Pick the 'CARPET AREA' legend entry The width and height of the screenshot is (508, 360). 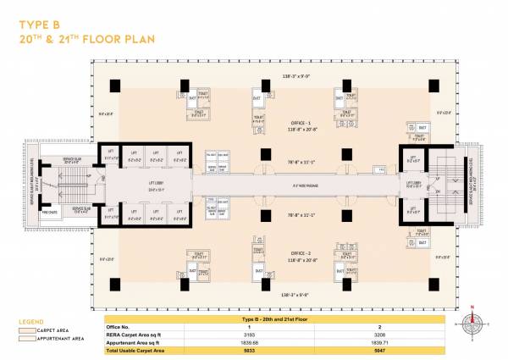pyautogui.click(x=52, y=330)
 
